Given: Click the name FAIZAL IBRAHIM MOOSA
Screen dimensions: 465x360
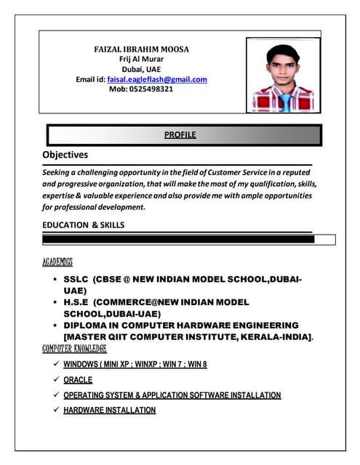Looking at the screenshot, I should point(142,49).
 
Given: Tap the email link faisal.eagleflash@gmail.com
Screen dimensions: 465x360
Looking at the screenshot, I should point(157,79).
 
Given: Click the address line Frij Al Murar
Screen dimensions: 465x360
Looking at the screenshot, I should point(141,59).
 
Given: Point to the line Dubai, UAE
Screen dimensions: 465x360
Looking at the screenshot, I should point(141,69).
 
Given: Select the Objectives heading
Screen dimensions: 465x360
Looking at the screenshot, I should point(65,155).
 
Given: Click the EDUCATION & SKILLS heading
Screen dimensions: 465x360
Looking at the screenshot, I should point(83,225).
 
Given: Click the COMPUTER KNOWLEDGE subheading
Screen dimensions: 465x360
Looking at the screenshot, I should point(69,349).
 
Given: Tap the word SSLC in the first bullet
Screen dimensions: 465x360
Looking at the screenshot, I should point(76,279).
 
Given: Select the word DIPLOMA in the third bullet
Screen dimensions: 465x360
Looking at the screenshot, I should point(90,325).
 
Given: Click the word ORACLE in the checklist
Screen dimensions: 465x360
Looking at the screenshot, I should point(78,379).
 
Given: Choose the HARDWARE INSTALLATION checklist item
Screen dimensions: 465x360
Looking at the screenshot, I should point(109,411).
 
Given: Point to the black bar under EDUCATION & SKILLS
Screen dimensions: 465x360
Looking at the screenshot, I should point(178,239).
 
